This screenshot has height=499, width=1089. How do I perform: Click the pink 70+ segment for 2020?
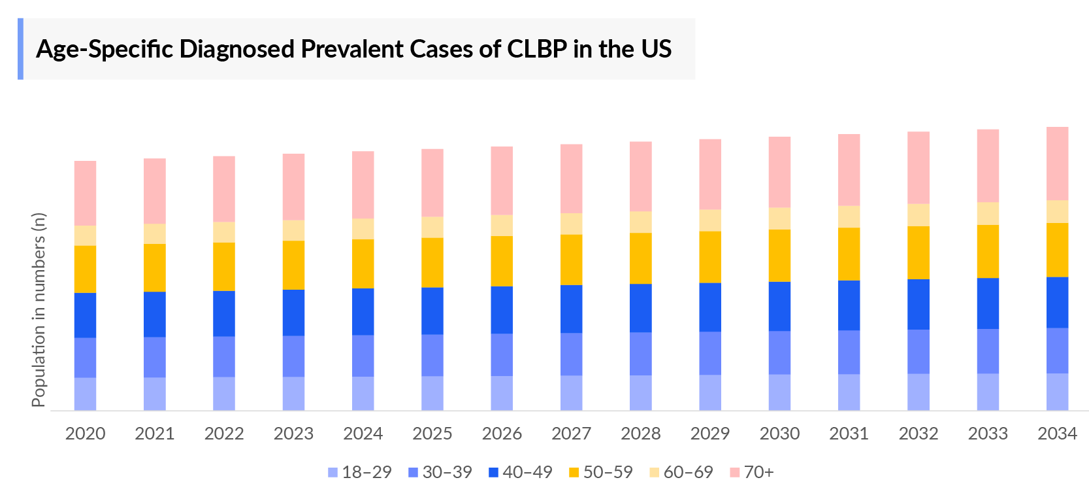(x=85, y=194)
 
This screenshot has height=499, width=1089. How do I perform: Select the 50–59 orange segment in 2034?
(x=1057, y=250)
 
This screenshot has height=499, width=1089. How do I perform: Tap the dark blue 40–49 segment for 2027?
(x=571, y=309)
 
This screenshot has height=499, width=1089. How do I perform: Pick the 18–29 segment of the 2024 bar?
(x=363, y=393)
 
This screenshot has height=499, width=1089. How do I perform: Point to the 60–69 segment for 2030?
(x=779, y=218)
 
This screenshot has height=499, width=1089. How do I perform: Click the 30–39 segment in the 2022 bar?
(x=224, y=356)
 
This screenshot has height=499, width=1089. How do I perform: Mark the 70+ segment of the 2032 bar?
(x=918, y=167)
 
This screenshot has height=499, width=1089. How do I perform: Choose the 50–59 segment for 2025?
(x=432, y=262)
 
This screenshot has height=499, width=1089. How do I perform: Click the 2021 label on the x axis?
(x=155, y=434)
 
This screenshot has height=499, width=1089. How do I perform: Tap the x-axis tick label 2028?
(x=640, y=434)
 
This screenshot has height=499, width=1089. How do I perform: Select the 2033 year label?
(x=988, y=434)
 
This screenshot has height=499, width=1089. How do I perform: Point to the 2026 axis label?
(x=502, y=434)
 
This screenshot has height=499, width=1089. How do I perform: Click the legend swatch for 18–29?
(x=333, y=472)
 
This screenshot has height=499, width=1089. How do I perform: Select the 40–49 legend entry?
(x=521, y=472)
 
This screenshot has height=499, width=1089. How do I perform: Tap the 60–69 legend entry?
(x=681, y=472)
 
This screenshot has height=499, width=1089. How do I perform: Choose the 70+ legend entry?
(x=752, y=472)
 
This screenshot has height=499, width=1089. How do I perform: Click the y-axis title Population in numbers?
(x=39, y=310)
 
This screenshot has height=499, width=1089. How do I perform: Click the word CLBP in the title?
(x=537, y=49)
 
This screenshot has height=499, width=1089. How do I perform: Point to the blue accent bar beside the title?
(x=20, y=49)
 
